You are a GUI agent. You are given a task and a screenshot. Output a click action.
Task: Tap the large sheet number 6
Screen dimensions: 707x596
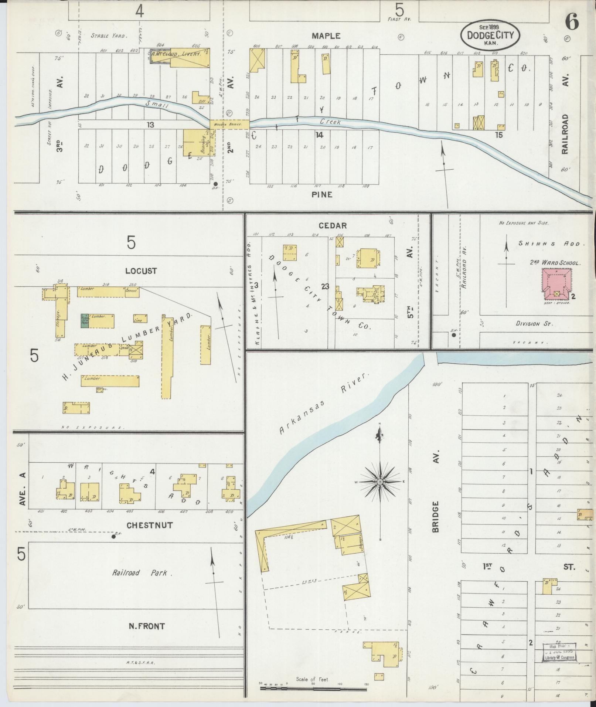click(x=572, y=23)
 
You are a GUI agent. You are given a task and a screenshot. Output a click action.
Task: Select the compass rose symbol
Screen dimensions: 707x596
click(x=380, y=482)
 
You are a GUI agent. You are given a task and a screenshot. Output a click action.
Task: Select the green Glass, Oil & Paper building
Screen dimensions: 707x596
click(x=85, y=321)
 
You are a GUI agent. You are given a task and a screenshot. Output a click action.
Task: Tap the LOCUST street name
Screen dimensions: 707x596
click(x=141, y=271)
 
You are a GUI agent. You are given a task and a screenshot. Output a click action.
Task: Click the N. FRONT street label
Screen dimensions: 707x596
click(x=146, y=626)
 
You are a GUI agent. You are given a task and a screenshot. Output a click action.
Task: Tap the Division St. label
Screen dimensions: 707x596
click(x=534, y=324)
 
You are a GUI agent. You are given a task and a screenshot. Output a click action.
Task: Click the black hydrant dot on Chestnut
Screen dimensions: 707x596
click(x=113, y=537)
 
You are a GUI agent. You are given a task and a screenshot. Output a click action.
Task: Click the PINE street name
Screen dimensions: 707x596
click(x=322, y=194)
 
